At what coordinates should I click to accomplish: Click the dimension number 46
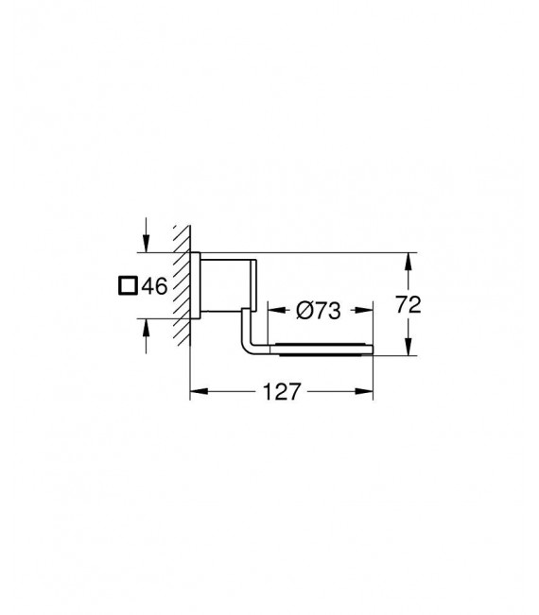pos(154,285)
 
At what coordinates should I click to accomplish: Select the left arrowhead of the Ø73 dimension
pos(272,308)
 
